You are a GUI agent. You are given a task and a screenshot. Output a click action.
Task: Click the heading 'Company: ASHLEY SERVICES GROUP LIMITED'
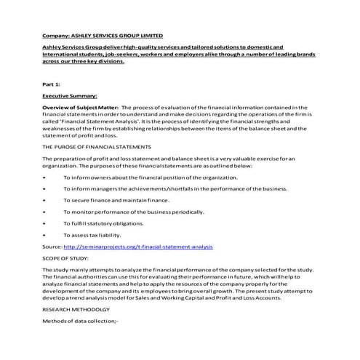(x=103, y=35)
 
